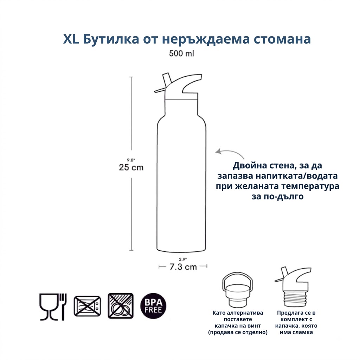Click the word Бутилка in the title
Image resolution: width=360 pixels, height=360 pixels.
coord(111,39)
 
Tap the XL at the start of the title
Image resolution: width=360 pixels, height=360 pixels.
coord(71,39)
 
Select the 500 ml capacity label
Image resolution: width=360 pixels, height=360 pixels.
coord(182,53)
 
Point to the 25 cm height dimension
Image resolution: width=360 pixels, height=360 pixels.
coord(131,167)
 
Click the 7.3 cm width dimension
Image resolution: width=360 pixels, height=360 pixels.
coord(183,267)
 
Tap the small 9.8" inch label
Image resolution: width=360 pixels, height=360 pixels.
coord(131,160)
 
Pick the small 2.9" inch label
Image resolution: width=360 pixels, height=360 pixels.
coord(183,259)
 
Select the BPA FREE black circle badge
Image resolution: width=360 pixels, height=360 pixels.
coord(153,306)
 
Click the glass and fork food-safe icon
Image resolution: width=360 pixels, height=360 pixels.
coord(53,307)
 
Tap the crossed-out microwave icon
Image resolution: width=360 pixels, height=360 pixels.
coord(87,306)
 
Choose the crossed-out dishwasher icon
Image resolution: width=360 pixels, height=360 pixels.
coord(121,306)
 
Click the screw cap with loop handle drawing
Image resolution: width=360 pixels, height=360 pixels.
coord(237,290)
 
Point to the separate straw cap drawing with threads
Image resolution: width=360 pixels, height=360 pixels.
coord(294,287)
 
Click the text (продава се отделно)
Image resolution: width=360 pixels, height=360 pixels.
coord(238,332)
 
